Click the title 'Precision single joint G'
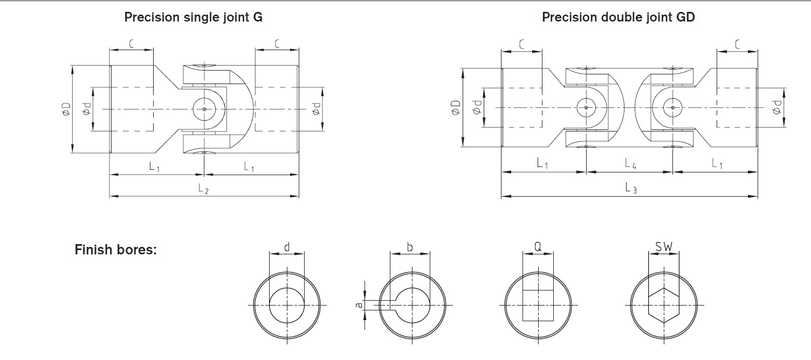coord(194,17)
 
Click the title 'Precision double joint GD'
coord(618,17)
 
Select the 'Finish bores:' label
coord(115,250)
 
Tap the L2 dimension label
coord(203,189)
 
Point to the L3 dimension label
coord(631,188)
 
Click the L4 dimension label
coord(630,163)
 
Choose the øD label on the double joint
coord(456,107)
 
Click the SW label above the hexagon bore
coord(664,247)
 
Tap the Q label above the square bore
coord(538,246)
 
